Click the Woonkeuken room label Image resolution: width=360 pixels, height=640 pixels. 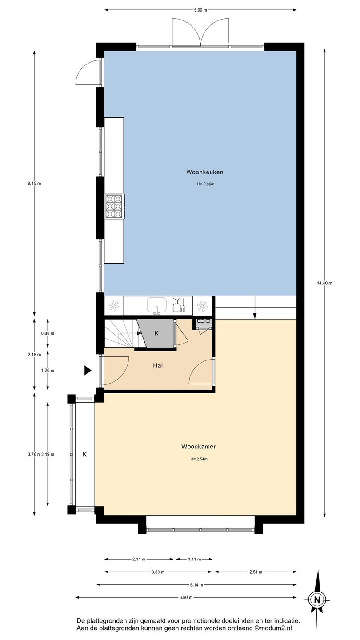coord(204,172)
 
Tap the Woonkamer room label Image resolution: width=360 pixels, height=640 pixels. coord(198,447)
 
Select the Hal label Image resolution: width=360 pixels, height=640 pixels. coord(158,365)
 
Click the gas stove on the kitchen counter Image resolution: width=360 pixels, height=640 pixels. coord(115,206)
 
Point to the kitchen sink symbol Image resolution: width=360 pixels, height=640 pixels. coord(156,306)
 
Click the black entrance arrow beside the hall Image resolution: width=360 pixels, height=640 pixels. coord(88,371)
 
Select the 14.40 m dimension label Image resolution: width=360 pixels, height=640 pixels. coord(324,283)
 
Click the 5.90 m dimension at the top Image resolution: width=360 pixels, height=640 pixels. coord(200,10)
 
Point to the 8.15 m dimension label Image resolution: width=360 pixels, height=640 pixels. coord(34,184)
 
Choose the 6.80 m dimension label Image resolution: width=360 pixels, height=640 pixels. coord(186,597)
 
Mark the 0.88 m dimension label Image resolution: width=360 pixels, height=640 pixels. coord(48,333)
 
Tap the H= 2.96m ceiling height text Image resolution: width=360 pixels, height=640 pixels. coord(205,184)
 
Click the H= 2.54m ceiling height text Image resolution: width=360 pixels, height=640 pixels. coord(199,459)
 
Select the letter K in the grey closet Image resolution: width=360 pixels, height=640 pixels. coord(156,333)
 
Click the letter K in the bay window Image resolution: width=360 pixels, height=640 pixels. coord(84,454)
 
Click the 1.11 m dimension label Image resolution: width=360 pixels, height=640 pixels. coord(194,559)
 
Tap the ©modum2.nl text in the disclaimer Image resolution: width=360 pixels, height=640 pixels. coord(273,628)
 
